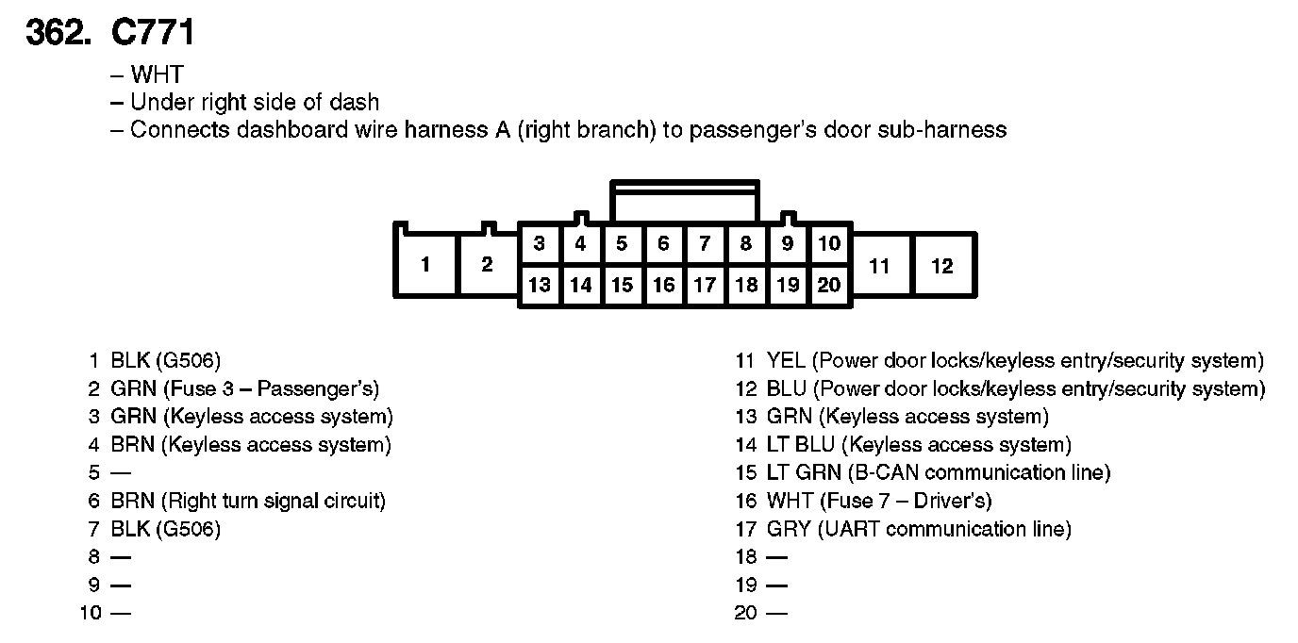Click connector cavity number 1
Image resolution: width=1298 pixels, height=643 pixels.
(425, 265)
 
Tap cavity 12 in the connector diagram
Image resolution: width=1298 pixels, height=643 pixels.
(942, 266)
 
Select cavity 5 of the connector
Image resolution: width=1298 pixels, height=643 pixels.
(622, 244)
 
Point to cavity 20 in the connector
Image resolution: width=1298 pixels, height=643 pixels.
(828, 285)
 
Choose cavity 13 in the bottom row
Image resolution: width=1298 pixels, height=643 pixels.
(539, 285)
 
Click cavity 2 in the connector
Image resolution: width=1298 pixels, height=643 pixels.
(487, 265)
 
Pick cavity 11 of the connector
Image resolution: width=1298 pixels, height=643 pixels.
(879, 266)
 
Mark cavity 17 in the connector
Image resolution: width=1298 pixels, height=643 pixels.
(704, 285)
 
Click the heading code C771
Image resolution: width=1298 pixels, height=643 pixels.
(153, 34)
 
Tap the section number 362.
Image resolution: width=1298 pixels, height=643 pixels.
(57, 34)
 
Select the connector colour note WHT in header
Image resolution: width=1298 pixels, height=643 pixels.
(157, 74)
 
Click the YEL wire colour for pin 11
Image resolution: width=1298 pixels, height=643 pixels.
(787, 360)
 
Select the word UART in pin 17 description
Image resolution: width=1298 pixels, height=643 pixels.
(850, 529)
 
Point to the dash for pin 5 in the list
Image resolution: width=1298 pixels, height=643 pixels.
(121, 472)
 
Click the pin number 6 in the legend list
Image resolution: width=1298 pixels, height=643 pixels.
(94, 501)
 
